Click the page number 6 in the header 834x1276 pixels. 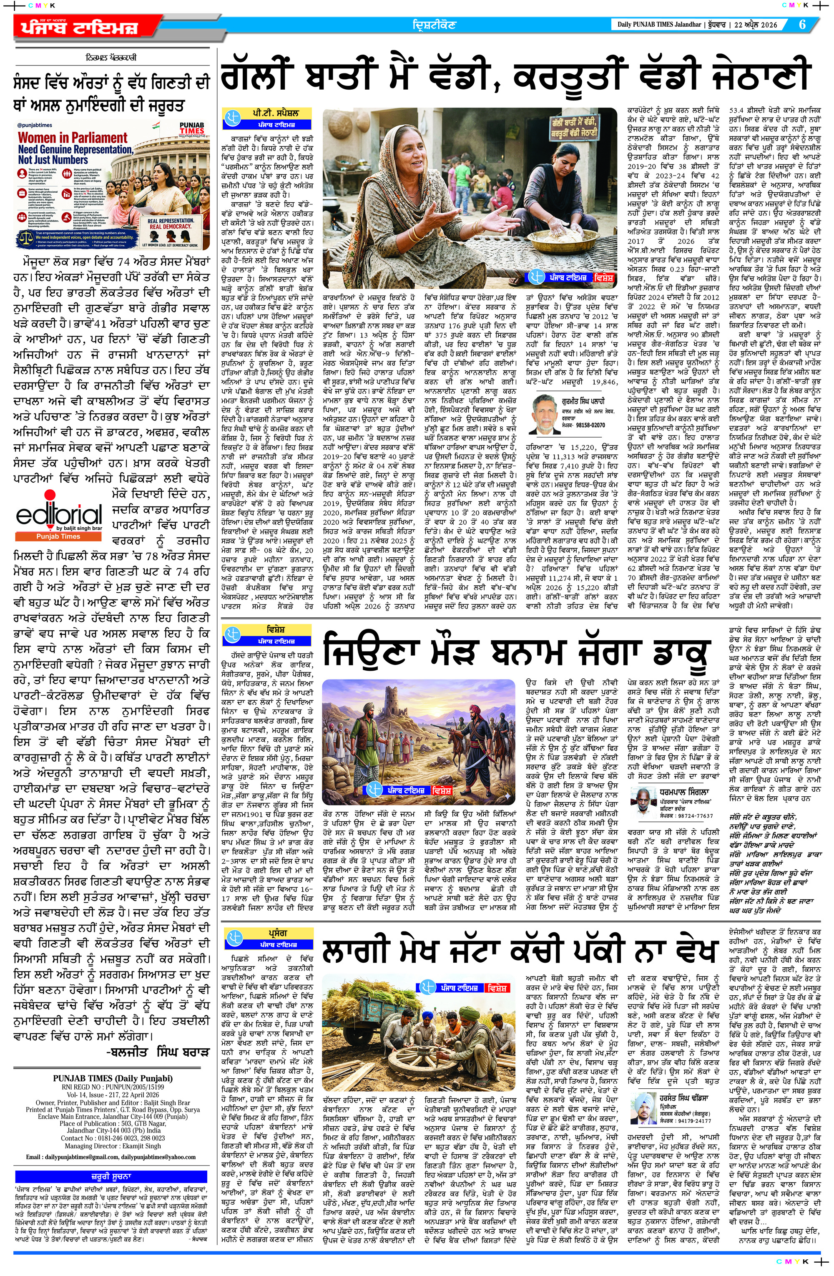coord(802,25)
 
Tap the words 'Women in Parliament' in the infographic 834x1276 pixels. coord(73,138)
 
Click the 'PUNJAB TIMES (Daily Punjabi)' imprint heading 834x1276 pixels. coord(113,1033)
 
